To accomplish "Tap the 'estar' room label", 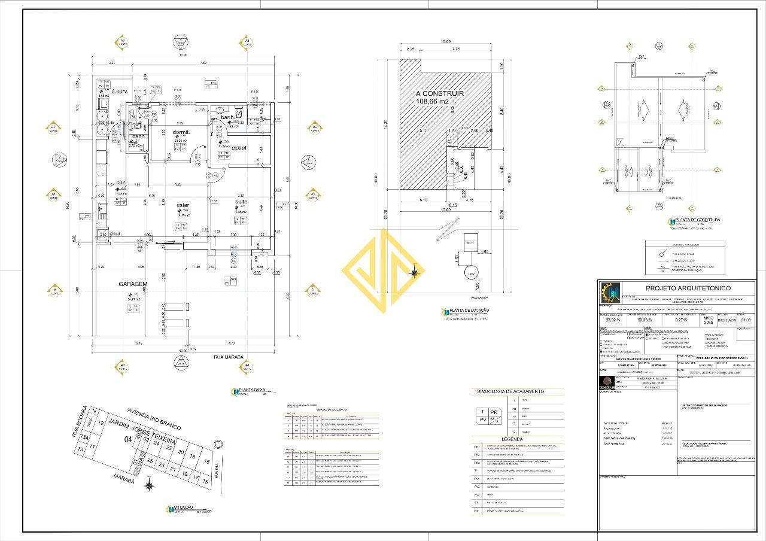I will click(x=183, y=205).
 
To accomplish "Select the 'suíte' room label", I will click(x=241, y=202).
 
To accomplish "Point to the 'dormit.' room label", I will click(x=181, y=132).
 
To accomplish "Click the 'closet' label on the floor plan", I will click(x=239, y=147).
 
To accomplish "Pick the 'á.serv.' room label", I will click(x=120, y=91).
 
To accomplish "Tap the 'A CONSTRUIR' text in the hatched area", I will click(x=440, y=93).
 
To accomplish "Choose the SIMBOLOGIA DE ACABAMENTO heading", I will click(x=510, y=391).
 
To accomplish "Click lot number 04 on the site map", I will click(x=127, y=439).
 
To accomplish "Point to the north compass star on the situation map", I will click(x=149, y=486).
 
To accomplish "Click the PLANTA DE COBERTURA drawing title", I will click(x=698, y=220).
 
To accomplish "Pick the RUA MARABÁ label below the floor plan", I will click(x=228, y=357).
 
